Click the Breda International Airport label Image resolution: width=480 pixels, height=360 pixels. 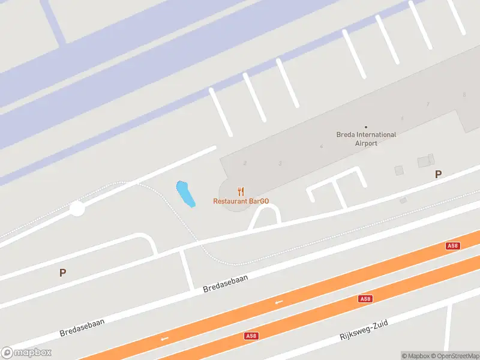point(366,139)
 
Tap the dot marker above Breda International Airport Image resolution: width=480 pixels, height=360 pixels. point(366,127)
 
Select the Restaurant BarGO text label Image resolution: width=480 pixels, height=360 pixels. point(241,201)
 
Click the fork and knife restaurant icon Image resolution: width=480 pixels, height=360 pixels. point(241,191)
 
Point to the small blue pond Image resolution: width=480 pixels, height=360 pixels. point(185,193)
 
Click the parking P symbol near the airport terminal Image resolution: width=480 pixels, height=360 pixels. point(438,174)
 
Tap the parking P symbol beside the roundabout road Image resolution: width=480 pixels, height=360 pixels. point(62,272)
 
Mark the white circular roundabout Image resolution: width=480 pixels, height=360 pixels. point(77,209)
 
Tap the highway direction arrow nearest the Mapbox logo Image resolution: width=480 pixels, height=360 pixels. point(164,339)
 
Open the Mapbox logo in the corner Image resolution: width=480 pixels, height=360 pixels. point(26,353)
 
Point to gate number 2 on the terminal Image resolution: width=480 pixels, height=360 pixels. point(245,163)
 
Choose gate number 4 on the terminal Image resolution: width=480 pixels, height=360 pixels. point(322,146)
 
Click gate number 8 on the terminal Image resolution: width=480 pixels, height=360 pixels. point(464,95)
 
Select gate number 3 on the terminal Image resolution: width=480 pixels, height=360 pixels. point(280,163)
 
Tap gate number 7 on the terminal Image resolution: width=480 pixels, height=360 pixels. point(428,104)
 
